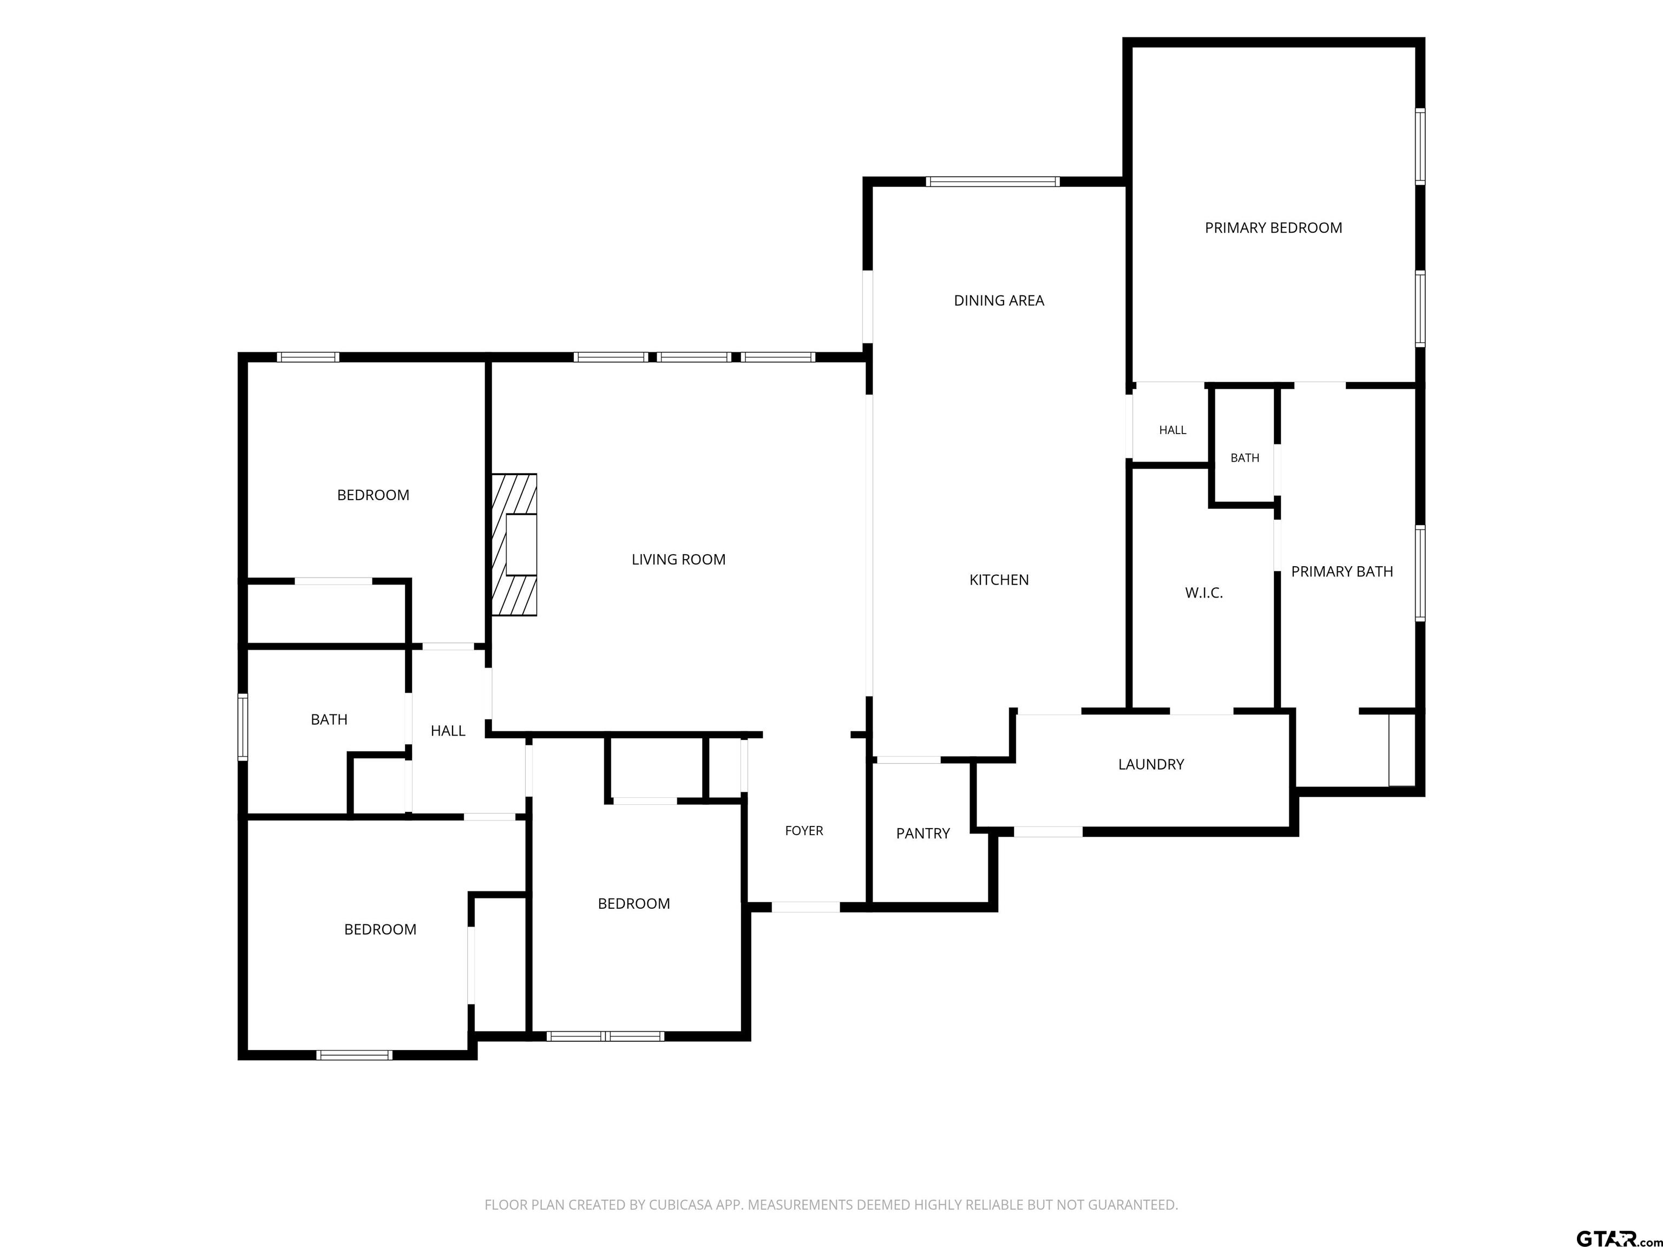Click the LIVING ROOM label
[678, 559]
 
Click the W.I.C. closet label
[1203, 593]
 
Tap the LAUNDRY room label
[1151, 764]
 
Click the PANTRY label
[922, 833]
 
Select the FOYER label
[804, 831]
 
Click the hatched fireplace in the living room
[514, 545]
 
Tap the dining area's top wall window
[992, 181]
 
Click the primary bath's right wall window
[1420, 574]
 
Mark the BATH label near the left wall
[329, 719]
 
